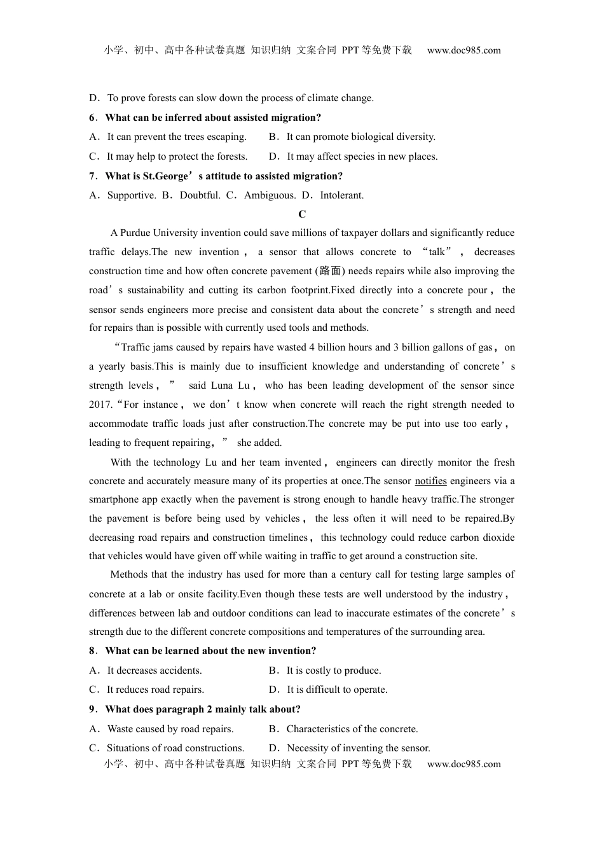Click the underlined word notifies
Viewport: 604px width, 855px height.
tap(430, 481)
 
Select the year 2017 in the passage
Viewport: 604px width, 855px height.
tap(100, 405)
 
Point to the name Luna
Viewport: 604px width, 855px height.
tap(222, 386)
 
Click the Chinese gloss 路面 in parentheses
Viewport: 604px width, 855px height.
tap(330, 271)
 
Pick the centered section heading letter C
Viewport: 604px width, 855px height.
tap(302, 214)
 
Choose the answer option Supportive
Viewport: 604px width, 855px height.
tap(131, 195)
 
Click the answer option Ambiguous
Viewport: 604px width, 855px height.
tap(270, 195)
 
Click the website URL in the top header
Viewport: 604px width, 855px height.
tap(463, 50)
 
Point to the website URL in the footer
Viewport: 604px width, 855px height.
tap(463, 764)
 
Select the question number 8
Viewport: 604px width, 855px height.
tap(92, 651)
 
